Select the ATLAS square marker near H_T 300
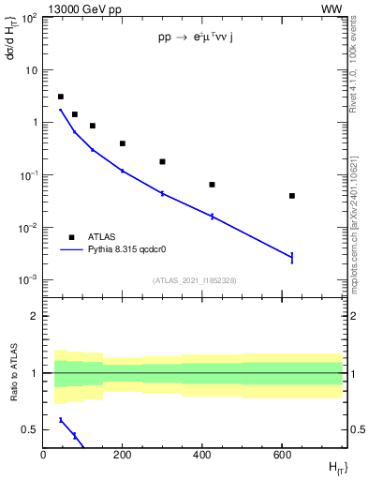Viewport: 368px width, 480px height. click(162, 161)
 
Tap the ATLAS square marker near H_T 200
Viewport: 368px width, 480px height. click(123, 143)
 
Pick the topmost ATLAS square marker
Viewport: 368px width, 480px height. click(61, 97)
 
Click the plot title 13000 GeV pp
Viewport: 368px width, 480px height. click(81, 8)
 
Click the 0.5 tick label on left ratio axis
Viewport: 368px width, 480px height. click(30, 429)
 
